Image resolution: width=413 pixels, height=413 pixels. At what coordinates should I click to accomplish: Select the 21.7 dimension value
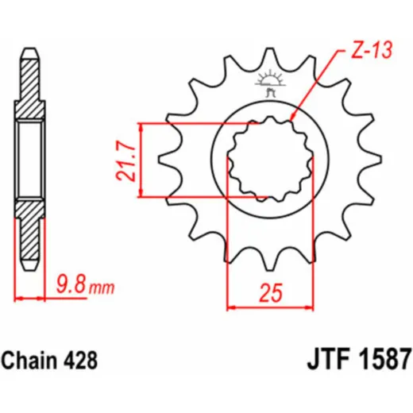point(125,160)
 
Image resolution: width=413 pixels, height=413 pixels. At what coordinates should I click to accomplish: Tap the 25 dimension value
point(271,293)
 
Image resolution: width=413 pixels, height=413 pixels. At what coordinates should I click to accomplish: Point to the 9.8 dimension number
point(71,284)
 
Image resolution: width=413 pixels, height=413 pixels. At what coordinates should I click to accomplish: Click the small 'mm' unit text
point(102,288)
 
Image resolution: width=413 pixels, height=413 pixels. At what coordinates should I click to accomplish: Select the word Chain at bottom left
point(29,361)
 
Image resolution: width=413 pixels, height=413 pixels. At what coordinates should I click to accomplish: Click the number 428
point(80,361)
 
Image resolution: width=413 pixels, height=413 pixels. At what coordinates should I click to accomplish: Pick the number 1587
point(386,361)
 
